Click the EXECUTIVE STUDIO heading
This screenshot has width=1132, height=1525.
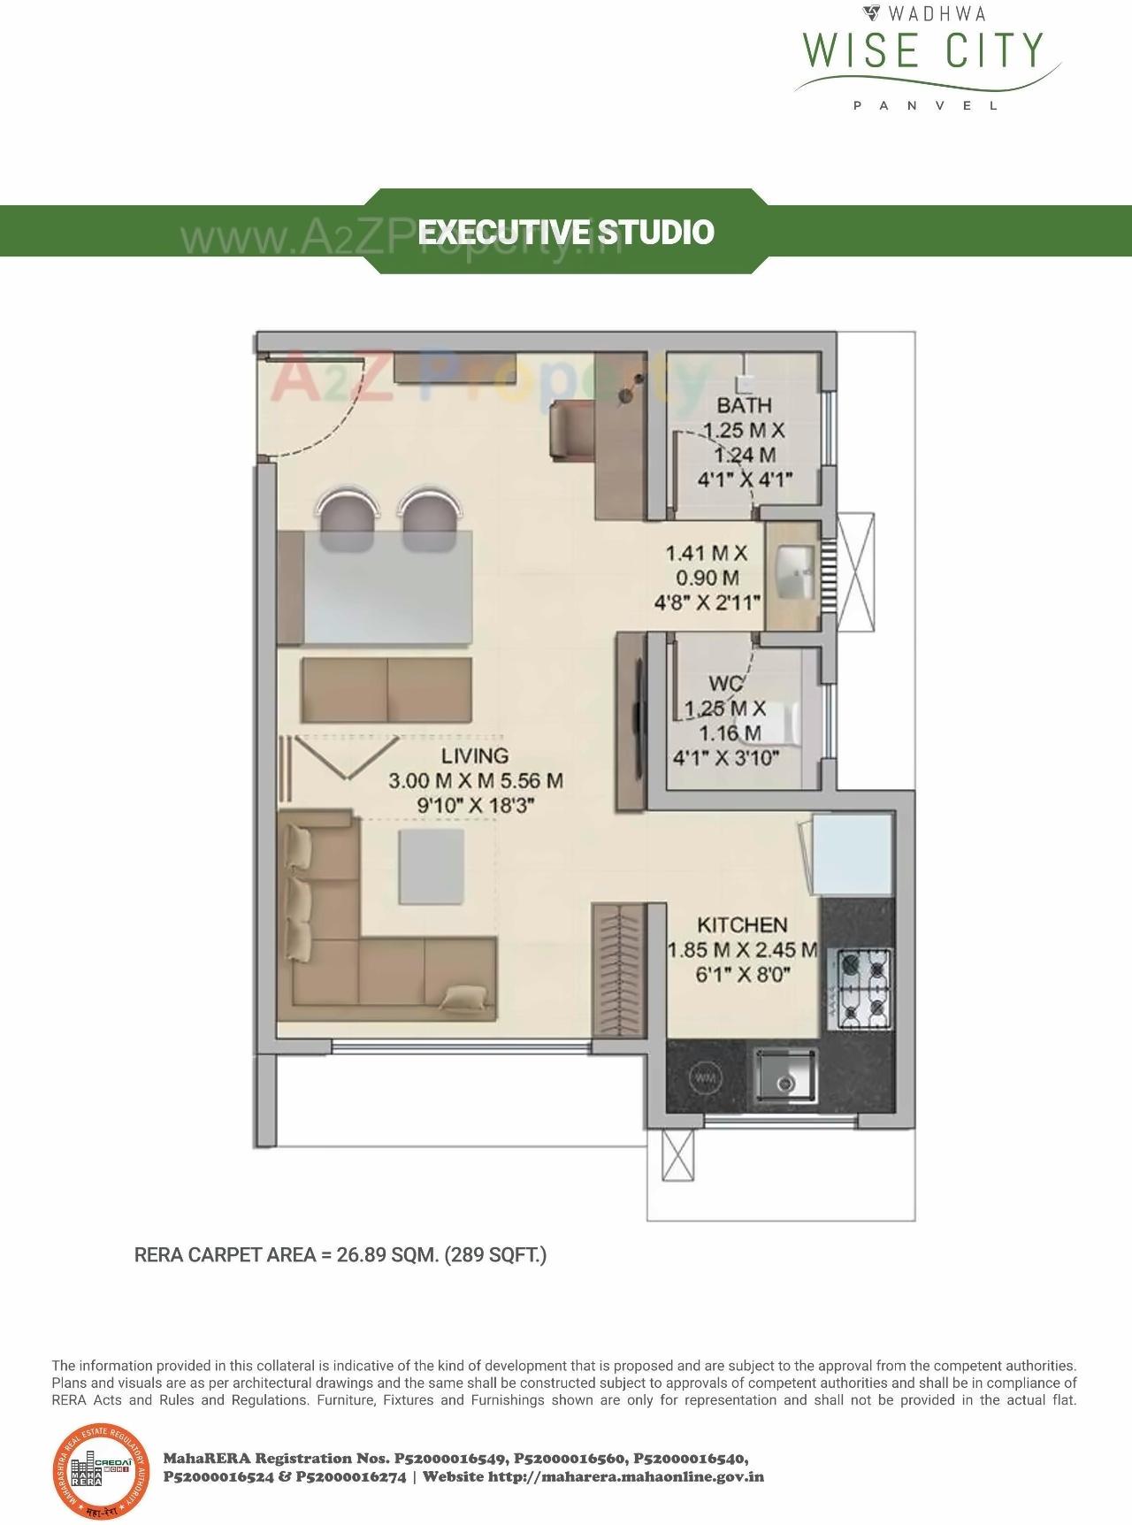pyautogui.click(x=566, y=232)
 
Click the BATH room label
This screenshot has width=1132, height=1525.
pyautogui.click(x=744, y=405)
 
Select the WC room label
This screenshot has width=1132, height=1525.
pyautogui.click(x=725, y=684)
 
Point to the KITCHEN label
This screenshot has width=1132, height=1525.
pyautogui.click(x=742, y=924)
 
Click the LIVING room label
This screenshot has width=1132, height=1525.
pyautogui.click(x=475, y=755)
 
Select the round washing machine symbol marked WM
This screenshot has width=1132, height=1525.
pyautogui.click(x=705, y=1077)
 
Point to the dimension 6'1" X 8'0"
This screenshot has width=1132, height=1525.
pyautogui.click(x=742, y=975)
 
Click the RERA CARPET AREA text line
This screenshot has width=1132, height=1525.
pyautogui.click(x=340, y=1254)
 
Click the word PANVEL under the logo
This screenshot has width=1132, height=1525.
pyautogui.click(x=925, y=105)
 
